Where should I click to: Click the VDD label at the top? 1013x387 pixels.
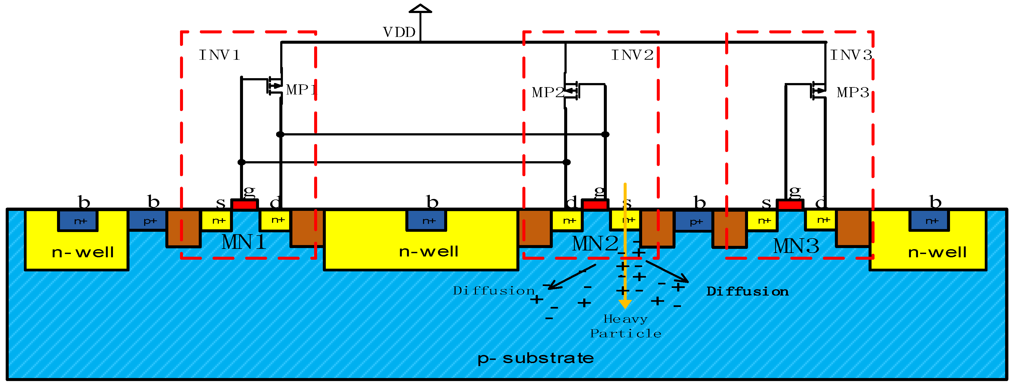399,32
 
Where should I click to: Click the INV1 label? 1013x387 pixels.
219,55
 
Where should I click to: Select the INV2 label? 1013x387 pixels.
632,55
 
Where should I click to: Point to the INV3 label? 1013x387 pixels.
851,55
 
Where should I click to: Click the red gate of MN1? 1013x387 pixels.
245,205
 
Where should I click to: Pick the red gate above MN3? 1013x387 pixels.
790,205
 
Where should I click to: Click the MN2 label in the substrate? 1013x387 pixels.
595,244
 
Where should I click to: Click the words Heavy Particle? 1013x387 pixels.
625,326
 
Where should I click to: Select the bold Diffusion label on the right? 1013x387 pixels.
747,291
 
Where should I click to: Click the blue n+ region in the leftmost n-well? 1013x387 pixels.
78,221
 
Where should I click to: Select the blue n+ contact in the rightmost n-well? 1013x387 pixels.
929,221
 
